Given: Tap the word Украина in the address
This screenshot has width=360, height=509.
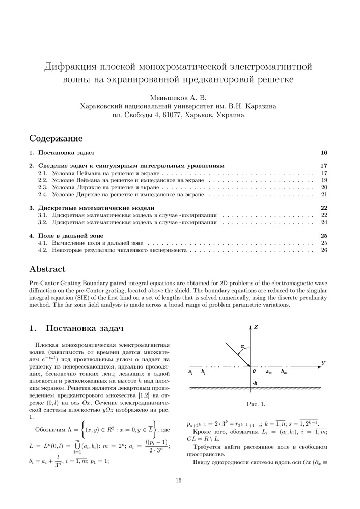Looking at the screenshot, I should (230, 115).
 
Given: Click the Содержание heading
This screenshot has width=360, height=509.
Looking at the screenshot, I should (56, 138).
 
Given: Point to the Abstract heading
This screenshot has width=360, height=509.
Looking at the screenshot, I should (47, 269).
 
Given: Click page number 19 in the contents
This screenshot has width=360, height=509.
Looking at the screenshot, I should (324, 180).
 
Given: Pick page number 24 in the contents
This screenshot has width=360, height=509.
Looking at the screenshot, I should (324, 222).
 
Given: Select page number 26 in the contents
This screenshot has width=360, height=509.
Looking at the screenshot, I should (324, 251).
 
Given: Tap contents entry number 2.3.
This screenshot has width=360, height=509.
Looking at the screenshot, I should (43, 187).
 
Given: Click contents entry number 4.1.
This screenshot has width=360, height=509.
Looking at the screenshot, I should (43, 244).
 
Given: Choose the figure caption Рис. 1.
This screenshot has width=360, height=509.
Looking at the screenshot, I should (256, 404).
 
